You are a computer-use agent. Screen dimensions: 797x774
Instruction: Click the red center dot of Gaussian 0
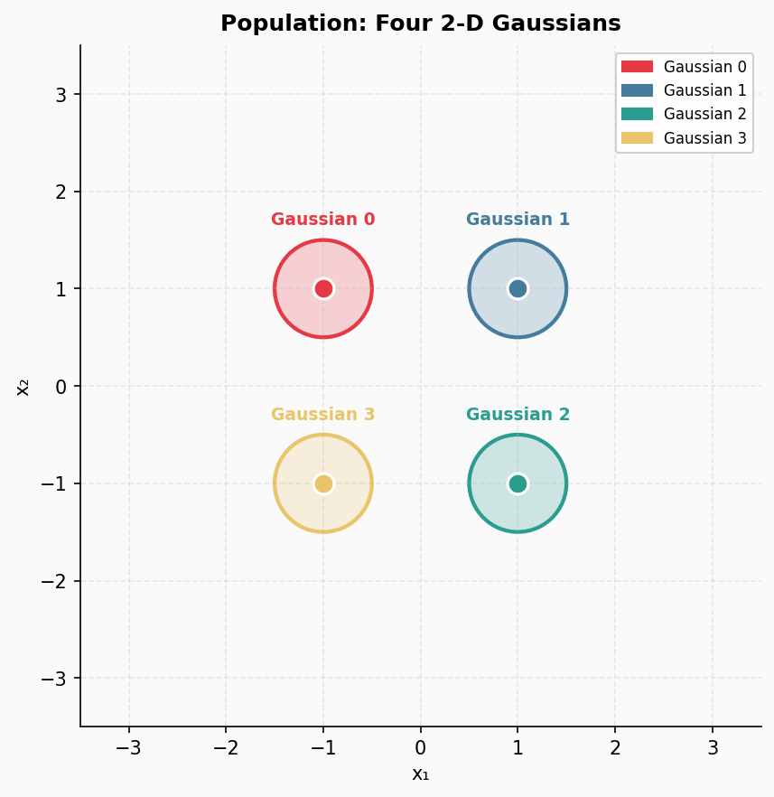pyautogui.click(x=323, y=288)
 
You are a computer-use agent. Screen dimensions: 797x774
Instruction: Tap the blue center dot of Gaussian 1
pyautogui.click(x=518, y=288)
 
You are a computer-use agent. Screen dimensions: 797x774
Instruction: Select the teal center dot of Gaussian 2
pyautogui.click(x=518, y=483)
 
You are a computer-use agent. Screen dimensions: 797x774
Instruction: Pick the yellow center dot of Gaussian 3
pyautogui.click(x=323, y=483)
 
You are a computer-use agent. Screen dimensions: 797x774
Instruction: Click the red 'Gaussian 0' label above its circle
pyautogui.click(x=322, y=220)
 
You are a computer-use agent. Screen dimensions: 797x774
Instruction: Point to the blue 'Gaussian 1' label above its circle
pyautogui.click(x=518, y=220)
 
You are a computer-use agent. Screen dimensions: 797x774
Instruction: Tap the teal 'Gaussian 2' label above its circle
pyautogui.click(x=518, y=415)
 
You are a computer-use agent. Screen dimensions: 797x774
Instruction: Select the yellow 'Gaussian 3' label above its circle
pyautogui.click(x=322, y=415)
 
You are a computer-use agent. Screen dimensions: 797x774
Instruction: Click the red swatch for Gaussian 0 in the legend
pyautogui.click(x=637, y=67)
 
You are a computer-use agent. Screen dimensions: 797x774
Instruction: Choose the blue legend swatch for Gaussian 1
pyautogui.click(x=637, y=90)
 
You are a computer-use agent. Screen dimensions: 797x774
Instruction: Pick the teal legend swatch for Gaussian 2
pyautogui.click(x=637, y=114)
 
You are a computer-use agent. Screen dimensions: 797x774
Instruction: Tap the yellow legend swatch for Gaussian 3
pyautogui.click(x=637, y=138)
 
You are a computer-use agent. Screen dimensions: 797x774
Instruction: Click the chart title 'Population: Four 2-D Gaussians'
pyautogui.click(x=420, y=23)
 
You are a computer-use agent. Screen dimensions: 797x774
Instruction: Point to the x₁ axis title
pyautogui.click(x=420, y=774)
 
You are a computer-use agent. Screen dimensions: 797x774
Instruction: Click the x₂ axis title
pyautogui.click(x=23, y=386)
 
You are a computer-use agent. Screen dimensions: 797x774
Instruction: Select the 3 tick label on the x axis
pyautogui.click(x=713, y=748)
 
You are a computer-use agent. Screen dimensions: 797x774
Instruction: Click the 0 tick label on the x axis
pyautogui.click(x=420, y=748)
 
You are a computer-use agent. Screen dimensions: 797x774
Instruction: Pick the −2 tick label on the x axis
pyautogui.click(x=226, y=748)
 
